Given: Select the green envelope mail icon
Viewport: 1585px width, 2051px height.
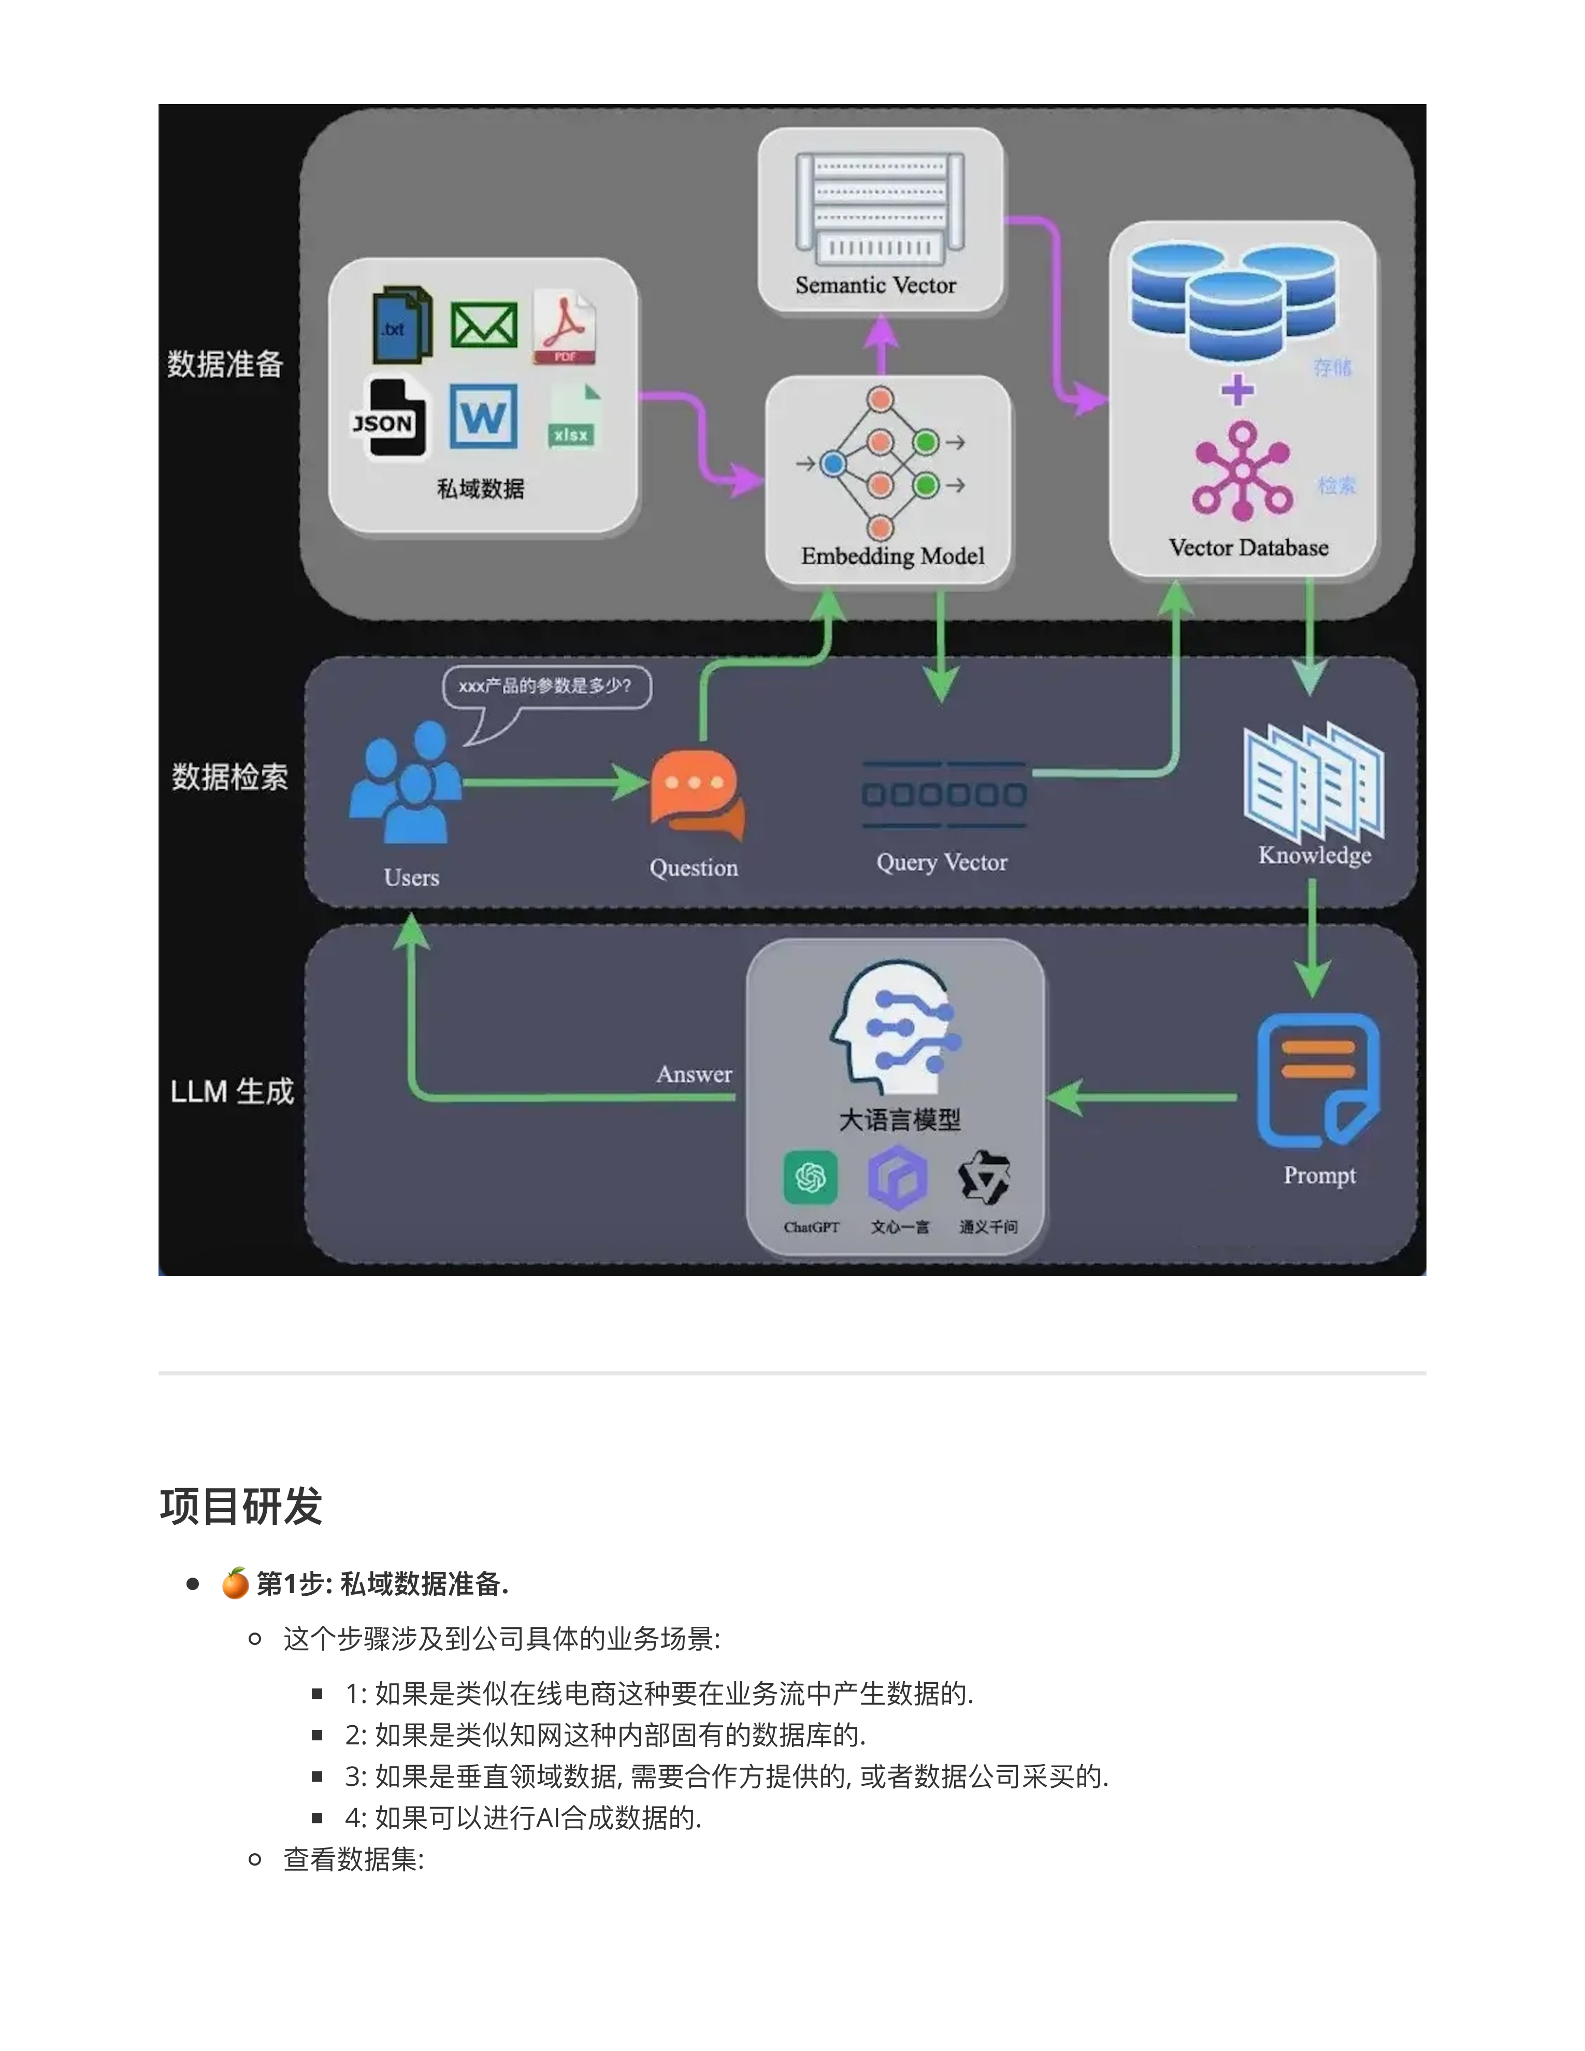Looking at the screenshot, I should point(484,325).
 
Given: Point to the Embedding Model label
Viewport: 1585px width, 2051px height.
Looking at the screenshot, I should point(892,556).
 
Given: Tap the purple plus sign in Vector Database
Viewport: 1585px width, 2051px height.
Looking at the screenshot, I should point(1237,389).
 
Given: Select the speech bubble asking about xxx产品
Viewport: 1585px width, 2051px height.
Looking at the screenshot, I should point(546,686).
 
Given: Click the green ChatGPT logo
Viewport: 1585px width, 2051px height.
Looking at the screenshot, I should point(810,1178).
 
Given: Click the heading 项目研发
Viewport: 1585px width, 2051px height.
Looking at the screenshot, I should point(241,1506).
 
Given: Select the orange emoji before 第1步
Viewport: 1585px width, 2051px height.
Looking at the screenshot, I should point(235,1583).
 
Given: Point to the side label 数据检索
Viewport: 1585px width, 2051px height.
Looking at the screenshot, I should point(229,777).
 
